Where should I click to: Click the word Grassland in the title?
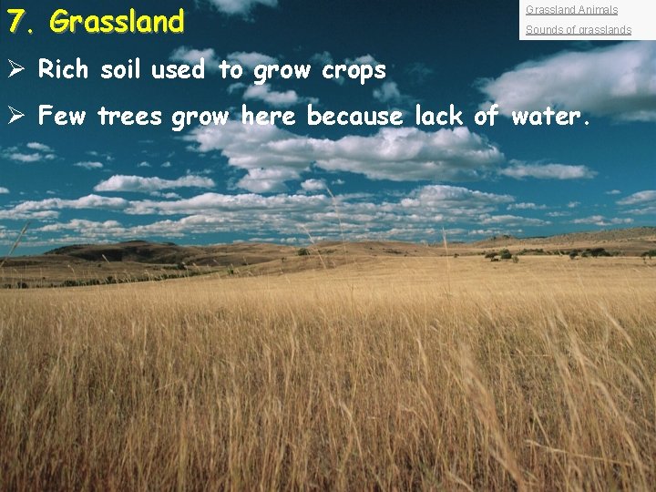[118, 20]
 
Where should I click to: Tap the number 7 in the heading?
[15, 20]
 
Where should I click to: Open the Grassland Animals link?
[571, 10]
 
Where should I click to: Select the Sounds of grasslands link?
[578, 30]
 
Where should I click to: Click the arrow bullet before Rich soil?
[15, 69]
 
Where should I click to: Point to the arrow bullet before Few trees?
[15, 117]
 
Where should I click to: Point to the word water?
[550, 117]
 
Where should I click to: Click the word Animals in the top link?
[597, 10]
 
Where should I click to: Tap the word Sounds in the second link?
[543, 30]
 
